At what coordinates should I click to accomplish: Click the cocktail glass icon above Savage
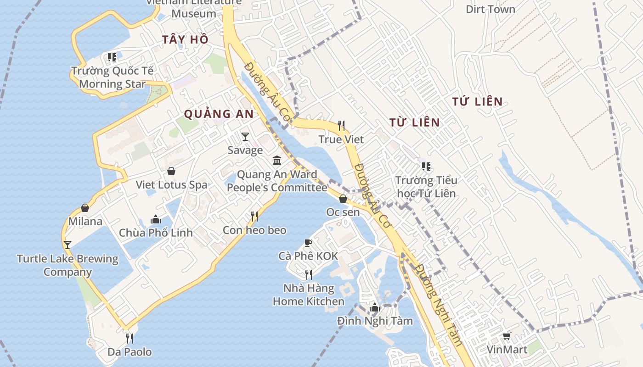tap(245, 137)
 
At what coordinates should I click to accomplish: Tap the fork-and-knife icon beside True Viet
tap(341, 125)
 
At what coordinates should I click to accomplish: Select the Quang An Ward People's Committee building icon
tap(277, 161)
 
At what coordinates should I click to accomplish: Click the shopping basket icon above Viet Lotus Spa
tap(171, 171)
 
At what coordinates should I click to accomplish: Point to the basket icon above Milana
tap(85, 208)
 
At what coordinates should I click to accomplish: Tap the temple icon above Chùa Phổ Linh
tap(156, 219)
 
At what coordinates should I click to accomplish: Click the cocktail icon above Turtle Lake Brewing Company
tap(68, 245)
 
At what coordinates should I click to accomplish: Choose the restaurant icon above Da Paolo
tap(130, 339)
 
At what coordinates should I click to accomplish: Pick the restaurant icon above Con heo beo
tap(254, 217)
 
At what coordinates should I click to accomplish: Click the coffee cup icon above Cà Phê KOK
tap(308, 243)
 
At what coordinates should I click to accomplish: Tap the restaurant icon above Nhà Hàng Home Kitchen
tap(309, 275)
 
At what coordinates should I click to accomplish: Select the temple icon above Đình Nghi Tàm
tap(375, 307)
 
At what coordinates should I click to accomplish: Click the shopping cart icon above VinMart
tap(507, 336)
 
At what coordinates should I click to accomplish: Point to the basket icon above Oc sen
tap(343, 199)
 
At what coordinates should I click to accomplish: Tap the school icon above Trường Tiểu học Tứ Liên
tap(426, 166)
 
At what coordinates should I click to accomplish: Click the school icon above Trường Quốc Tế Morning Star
tap(112, 57)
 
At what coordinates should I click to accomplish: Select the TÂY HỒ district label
tap(185, 40)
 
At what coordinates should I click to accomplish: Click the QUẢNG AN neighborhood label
tap(219, 114)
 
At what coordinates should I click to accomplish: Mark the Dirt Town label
tap(491, 9)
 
